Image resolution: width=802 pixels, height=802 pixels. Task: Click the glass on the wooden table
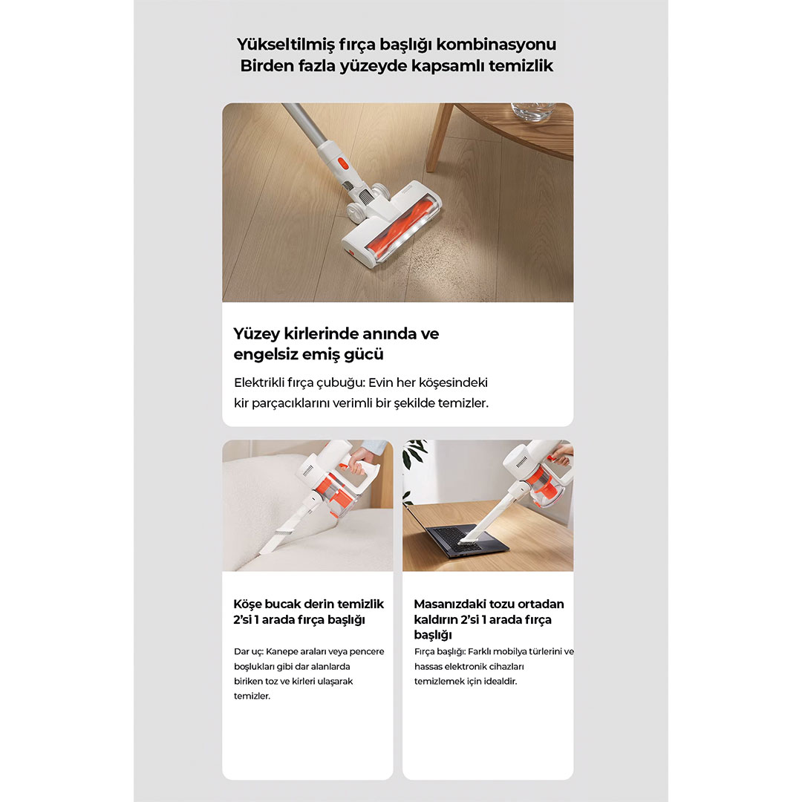tap(533, 111)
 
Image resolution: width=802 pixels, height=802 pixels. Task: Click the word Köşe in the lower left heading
tap(247, 604)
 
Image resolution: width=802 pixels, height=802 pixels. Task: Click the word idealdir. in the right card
tap(501, 681)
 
